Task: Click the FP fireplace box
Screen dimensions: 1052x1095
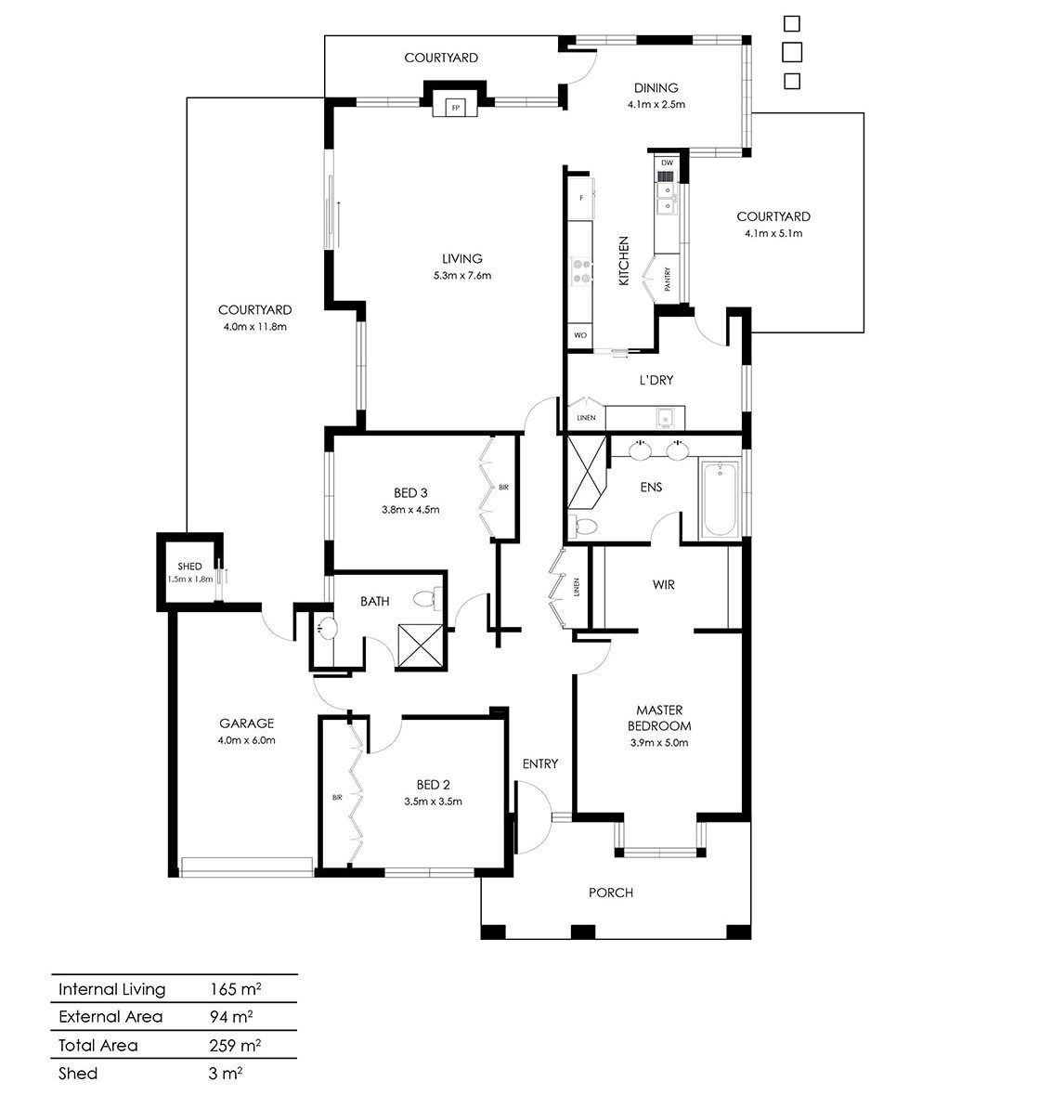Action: [455, 108]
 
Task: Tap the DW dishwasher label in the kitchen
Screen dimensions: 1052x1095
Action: [667, 163]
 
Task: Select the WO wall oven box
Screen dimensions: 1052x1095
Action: [580, 335]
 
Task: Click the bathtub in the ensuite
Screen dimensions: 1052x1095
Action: [720, 499]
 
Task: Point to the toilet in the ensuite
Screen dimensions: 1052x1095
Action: [584, 525]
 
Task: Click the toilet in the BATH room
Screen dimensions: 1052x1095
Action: [426, 598]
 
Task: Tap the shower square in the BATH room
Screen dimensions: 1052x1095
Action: [420, 646]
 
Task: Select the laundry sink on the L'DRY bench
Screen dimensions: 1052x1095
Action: [665, 418]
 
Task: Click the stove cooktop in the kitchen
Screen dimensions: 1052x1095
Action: [581, 271]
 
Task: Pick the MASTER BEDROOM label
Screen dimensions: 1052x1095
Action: [659, 718]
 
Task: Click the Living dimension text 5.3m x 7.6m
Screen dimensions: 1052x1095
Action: [462, 276]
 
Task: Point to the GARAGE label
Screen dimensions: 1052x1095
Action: [246, 723]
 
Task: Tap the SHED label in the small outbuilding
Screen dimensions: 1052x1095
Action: [189, 567]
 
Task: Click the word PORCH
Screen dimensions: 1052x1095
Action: [611, 893]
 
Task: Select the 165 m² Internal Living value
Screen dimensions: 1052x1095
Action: [235, 989]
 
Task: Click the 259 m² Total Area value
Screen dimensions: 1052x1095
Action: [235, 1046]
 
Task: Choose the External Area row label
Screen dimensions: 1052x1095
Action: [110, 1017]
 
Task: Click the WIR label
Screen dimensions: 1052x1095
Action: [663, 584]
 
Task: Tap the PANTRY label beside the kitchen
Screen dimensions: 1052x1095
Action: [668, 280]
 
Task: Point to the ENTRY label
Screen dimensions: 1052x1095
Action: [540, 764]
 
